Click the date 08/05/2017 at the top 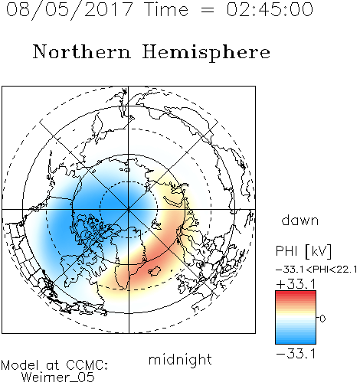(70, 9)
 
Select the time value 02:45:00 (270, 9)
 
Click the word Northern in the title (82, 51)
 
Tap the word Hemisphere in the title (206, 53)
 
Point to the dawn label (300, 220)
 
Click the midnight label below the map (180, 360)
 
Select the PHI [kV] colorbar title (303, 251)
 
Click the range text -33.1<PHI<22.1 (316, 270)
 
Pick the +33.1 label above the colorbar (296, 284)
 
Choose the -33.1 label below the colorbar (296, 354)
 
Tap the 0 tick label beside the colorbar (322, 319)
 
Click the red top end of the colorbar (296, 293)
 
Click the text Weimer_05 (57, 378)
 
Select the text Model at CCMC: (54, 365)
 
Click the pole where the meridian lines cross (129, 210)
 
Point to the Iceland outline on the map (155, 271)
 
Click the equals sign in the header (208, 10)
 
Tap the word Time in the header (166, 9)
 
